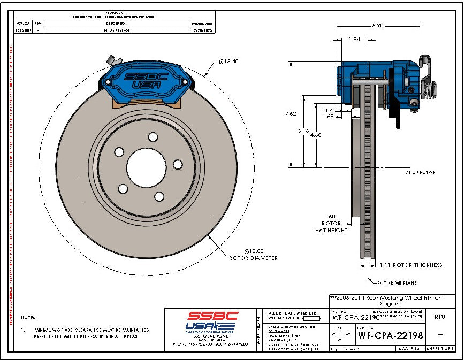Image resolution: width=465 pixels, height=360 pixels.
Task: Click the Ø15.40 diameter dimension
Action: [228, 62]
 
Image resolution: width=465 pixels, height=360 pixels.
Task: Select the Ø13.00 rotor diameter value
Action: [254, 250]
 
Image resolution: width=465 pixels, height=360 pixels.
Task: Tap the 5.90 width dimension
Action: [378, 26]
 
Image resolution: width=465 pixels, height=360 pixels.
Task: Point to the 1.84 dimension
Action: [354, 39]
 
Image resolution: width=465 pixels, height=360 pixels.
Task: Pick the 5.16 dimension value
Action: [303, 130]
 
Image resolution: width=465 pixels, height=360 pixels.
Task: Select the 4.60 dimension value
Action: [316, 135]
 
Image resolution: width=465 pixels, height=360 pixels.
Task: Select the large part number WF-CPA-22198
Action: [390, 336]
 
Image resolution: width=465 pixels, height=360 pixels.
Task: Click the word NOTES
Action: [29, 317]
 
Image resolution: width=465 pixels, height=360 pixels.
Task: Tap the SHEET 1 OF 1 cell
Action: [440, 349]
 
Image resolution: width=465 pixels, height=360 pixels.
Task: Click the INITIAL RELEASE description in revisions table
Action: [116, 30]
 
